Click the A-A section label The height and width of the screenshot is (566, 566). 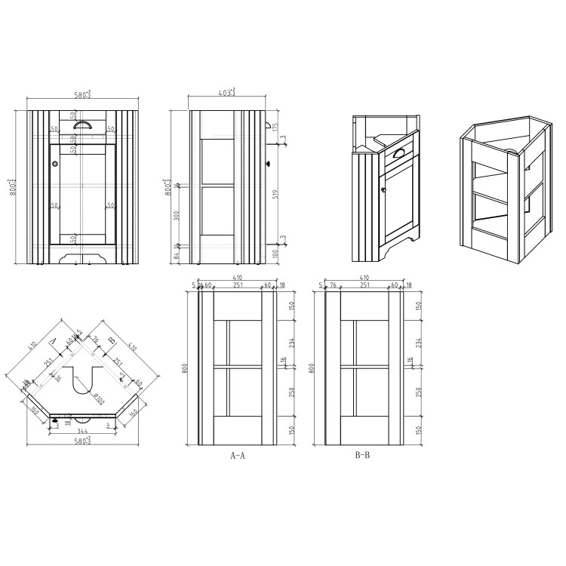(236, 456)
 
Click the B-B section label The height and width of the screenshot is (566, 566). (361, 456)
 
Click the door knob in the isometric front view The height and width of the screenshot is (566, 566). (382, 178)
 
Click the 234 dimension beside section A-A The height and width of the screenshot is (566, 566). (292, 342)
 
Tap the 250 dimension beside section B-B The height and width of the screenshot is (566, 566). (417, 392)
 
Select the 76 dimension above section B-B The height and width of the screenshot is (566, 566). (332, 285)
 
